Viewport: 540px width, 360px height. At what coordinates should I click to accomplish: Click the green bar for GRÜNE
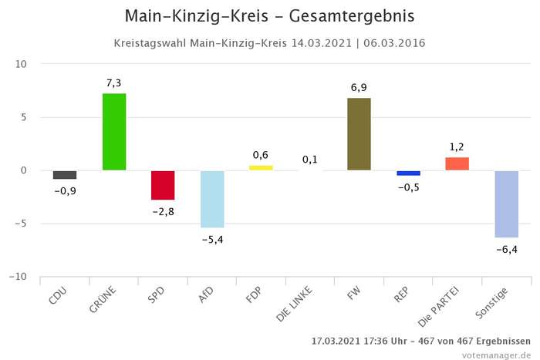point(114,131)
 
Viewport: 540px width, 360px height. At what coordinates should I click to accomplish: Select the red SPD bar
point(163,185)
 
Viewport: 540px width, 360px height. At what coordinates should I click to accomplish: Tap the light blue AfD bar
point(212,199)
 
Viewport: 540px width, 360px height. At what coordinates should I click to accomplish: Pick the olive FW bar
point(359,133)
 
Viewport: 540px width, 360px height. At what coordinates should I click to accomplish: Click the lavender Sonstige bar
point(506,204)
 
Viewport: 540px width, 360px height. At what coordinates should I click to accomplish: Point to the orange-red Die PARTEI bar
point(457,163)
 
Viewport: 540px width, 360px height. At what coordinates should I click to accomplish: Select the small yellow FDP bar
point(261,167)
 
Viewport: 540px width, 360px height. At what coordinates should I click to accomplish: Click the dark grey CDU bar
point(65,175)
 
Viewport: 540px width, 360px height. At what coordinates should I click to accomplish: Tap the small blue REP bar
point(408,173)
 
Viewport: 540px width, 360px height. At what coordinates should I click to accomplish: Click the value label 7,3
point(114,83)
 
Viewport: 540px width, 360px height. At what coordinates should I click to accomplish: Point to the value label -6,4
point(506,249)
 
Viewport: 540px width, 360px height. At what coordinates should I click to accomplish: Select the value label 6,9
point(359,88)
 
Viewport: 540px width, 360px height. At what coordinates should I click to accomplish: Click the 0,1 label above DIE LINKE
point(310,160)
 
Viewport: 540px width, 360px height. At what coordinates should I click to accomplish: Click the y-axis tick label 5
point(24,117)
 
